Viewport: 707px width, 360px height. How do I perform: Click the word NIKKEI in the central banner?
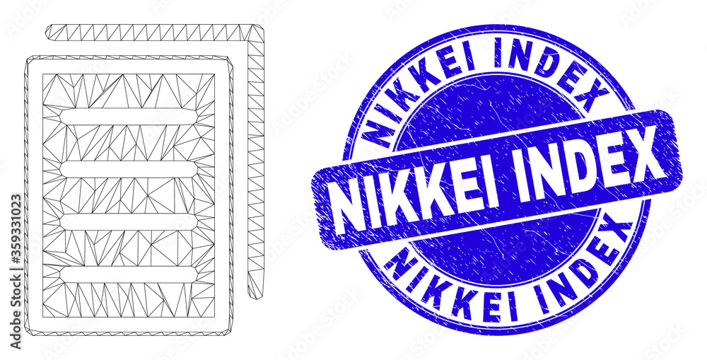click(x=415, y=199)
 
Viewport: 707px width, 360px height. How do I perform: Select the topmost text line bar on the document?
click(x=129, y=117)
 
